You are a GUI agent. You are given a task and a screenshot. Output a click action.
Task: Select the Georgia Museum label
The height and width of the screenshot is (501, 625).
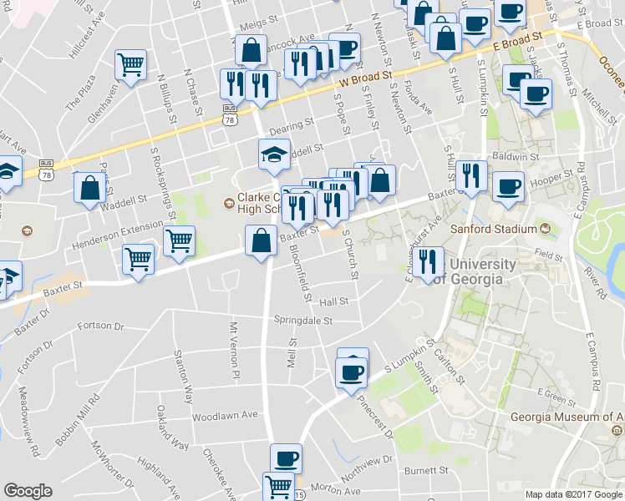coord(568,417)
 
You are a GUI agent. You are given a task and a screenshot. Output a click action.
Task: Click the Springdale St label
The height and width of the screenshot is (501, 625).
coord(303,320)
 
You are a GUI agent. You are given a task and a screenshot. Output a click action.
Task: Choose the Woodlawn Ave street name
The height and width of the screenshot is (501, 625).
coord(225,415)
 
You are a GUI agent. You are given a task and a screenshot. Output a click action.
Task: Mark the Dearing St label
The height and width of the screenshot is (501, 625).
coord(290,122)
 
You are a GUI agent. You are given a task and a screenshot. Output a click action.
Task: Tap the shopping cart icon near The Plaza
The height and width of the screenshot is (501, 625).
coord(130,64)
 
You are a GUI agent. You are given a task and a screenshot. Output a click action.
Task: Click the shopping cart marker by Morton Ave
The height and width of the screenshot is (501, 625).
coord(278,486)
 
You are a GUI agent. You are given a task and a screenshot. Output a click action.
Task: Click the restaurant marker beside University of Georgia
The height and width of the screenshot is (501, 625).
coord(428,261)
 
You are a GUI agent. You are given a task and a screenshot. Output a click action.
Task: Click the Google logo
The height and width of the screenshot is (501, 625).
coord(28,491)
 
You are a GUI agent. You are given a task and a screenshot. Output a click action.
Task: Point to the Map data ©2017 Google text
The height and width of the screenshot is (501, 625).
coord(574,494)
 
